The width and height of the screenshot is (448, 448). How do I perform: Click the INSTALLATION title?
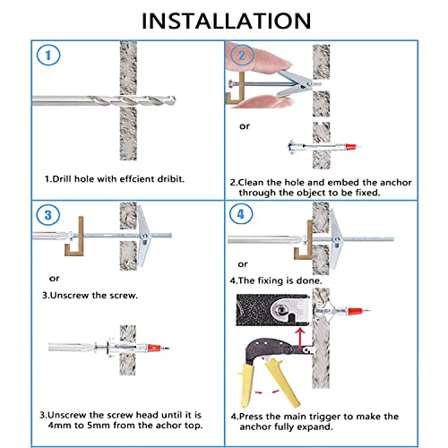(x=226, y=21)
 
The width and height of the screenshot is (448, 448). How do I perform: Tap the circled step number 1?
(x=48, y=55)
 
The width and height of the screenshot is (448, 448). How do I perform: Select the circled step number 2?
(x=242, y=56)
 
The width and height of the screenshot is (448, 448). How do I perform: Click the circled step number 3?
(x=48, y=215)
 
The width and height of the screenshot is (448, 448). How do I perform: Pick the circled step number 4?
(x=241, y=214)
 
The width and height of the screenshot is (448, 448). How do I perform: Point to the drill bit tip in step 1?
(x=175, y=100)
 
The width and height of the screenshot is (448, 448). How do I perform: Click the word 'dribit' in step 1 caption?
(x=170, y=179)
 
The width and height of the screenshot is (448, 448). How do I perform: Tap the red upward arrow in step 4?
(x=301, y=338)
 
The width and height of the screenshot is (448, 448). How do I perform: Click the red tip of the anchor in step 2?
(x=350, y=147)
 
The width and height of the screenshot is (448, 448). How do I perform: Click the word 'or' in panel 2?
(x=245, y=126)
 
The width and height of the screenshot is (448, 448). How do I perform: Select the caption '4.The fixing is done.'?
(x=276, y=280)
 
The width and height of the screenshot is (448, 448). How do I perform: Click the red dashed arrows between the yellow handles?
(x=267, y=392)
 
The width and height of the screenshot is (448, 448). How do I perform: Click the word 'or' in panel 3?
(x=54, y=279)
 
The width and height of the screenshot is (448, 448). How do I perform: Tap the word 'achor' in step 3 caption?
(x=170, y=425)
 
